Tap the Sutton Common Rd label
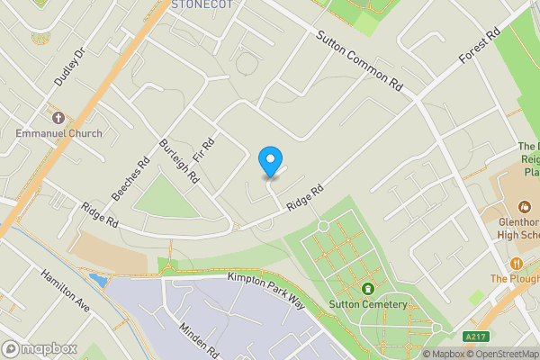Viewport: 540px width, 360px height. click(x=358, y=59)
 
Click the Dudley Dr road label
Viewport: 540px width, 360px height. click(x=67, y=67)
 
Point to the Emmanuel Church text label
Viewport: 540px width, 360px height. click(x=58, y=133)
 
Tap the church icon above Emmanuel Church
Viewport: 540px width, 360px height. click(x=58, y=118)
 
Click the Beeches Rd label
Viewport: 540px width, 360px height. click(x=130, y=180)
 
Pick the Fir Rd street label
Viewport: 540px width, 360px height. click(x=208, y=145)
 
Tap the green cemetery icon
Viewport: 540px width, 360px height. click(x=367, y=289)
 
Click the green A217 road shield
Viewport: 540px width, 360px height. click(x=476, y=337)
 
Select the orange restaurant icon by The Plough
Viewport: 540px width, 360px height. click(x=517, y=263)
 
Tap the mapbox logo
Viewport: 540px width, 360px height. click(x=39, y=348)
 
